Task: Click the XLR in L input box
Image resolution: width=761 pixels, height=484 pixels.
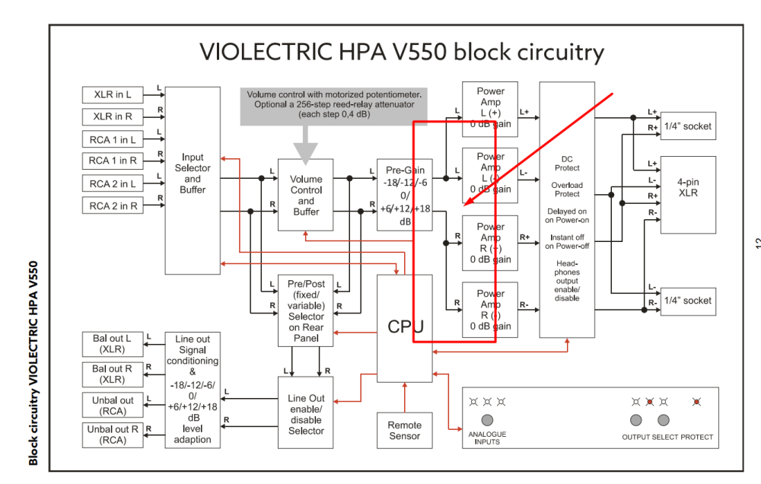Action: pos(113,95)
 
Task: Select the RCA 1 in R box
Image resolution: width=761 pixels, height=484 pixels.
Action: pos(113,161)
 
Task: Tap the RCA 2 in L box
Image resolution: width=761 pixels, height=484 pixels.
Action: pos(113,183)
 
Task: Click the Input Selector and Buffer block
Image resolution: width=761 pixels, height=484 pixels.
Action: pos(193,180)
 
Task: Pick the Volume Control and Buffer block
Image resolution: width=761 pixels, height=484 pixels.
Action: pos(306,195)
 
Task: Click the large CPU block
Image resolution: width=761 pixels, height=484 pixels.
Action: pos(404,327)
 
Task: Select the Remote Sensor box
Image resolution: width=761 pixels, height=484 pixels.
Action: pos(404,431)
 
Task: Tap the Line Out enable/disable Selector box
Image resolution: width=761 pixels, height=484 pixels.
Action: pos(306,415)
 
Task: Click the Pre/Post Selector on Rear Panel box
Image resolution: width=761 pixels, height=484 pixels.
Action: pos(306,310)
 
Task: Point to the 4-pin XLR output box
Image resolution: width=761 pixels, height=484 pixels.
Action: pos(688,194)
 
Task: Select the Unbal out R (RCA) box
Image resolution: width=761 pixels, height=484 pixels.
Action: pos(112,435)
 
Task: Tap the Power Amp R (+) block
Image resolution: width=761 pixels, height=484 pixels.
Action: pos(490,243)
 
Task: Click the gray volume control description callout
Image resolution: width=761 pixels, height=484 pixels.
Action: pos(335,105)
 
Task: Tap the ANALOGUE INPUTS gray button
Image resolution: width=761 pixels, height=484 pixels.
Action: pos(487,420)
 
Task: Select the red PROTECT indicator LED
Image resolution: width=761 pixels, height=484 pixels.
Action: pos(697,401)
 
